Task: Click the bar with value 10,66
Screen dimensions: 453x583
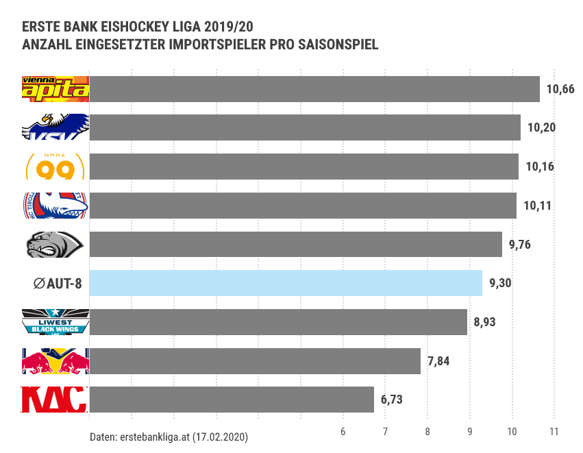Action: (x=314, y=89)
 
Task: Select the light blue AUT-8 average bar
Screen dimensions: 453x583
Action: (x=286, y=283)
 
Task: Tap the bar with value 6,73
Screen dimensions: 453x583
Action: (x=232, y=400)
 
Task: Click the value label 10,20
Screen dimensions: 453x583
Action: (x=541, y=128)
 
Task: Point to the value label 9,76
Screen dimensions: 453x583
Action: (x=520, y=245)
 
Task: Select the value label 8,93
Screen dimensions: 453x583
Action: (x=485, y=322)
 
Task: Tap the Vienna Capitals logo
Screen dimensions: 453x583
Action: (x=55, y=89)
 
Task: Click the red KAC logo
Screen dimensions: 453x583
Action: (x=55, y=400)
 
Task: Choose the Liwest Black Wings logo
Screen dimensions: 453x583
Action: (x=55, y=322)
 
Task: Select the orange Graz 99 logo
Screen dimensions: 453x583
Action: (x=55, y=167)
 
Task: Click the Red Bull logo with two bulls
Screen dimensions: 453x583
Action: (x=55, y=360)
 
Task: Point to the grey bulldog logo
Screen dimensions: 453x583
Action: (x=55, y=245)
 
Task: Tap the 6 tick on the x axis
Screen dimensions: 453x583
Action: (x=343, y=431)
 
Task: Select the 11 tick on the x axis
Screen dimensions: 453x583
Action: (x=554, y=431)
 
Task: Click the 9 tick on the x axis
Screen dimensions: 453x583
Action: (x=470, y=431)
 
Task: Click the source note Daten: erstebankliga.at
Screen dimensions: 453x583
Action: (x=169, y=436)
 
